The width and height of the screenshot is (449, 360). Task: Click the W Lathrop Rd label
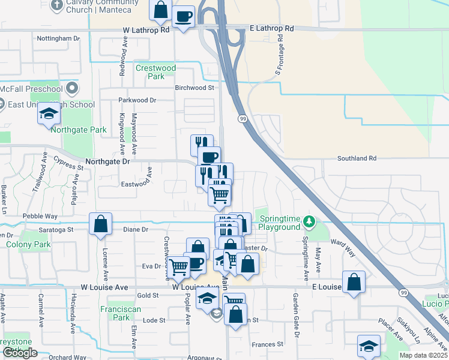coord(146,29)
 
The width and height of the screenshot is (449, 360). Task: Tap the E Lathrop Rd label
coord(271,28)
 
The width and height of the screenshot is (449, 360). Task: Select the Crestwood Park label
coord(155,72)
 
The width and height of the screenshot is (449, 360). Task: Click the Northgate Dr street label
coord(107,161)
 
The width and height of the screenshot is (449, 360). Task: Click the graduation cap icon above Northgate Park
coord(49,113)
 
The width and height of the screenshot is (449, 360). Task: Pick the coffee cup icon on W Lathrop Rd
coord(183,16)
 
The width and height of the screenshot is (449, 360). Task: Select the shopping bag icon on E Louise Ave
coord(354,282)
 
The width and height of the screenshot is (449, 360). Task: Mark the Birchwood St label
coord(194,88)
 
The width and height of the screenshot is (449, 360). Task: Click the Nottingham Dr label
coord(58,38)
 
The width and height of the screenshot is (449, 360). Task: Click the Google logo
coord(20,352)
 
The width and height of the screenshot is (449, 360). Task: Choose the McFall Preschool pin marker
coord(72,88)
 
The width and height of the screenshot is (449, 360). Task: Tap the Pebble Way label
coord(40,216)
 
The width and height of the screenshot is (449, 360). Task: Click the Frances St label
coord(267,344)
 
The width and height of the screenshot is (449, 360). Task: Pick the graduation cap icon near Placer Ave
coord(369,346)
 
